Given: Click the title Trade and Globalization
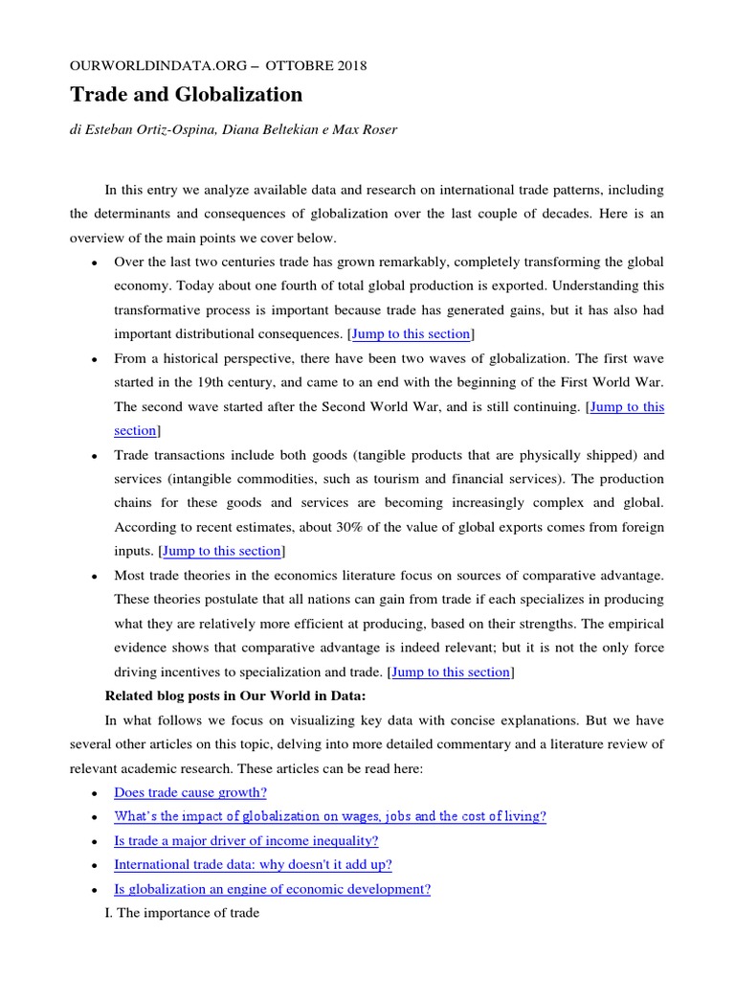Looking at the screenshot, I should (186, 94).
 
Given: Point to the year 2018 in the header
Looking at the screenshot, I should (348, 66).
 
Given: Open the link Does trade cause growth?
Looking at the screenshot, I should (190, 792).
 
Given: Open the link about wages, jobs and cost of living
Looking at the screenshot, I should (329, 816).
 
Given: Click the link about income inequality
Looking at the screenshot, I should (246, 840).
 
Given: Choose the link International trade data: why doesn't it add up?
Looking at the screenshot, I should (253, 864).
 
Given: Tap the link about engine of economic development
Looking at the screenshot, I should (272, 889).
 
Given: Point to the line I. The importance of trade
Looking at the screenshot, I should (181, 913).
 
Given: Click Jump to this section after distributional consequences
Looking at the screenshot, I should (411, 333).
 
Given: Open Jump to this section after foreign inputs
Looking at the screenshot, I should (221, 551).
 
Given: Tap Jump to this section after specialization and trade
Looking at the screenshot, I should (451, 672).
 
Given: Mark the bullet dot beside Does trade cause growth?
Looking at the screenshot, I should (93, 794).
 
